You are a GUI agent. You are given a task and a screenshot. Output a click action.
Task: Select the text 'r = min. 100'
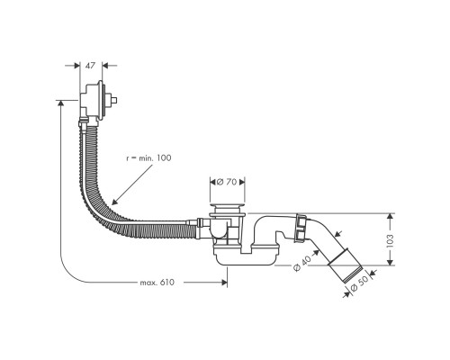tap(147, 158)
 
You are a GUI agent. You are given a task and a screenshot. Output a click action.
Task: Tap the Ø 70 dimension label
tap(227, 183)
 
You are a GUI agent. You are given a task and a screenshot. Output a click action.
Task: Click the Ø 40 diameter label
tap(301, 262)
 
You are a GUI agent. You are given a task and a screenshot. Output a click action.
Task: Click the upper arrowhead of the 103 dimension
tap(389, 216)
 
